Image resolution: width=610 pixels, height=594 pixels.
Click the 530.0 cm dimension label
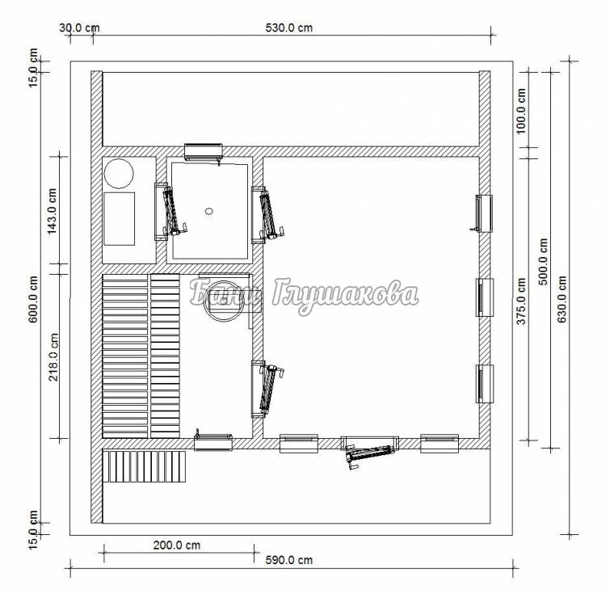pos(288,27)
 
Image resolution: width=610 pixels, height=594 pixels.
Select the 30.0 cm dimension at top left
pos(79,27)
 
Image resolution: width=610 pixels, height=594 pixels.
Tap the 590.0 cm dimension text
pos(288,560)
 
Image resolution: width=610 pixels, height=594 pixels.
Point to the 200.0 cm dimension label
pos(177,545)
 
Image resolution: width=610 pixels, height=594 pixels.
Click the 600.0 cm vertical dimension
pos(33,299)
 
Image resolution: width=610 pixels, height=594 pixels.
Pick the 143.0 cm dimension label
pos(53,212)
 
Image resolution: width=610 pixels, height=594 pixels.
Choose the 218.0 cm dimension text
pos(53,357)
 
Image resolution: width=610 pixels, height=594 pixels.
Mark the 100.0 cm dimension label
pos(520,111)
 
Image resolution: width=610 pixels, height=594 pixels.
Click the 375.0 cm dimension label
pos(520,301)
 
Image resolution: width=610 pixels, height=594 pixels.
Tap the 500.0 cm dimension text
pos(543,262)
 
